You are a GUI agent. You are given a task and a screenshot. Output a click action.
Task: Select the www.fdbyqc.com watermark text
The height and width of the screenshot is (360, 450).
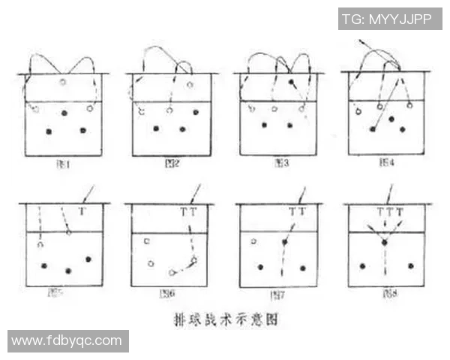(x=67, y=340)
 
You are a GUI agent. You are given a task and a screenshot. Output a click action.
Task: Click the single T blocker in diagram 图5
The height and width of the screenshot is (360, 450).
(x=82, y=212)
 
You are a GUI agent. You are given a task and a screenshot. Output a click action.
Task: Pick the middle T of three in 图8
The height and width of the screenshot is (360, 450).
(x=390, y=212)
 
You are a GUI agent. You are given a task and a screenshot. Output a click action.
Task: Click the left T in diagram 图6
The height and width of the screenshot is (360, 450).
(x=184, y=212)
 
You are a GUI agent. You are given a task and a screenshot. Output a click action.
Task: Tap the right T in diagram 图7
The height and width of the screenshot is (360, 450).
(x=302, y=212)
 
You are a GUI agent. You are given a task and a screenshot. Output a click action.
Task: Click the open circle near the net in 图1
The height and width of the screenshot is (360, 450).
(x=63, y=82)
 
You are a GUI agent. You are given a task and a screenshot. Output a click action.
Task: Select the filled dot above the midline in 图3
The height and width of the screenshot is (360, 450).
(x=291, y=81)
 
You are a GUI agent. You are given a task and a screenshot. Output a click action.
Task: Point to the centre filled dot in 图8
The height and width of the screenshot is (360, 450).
(x=384, y=243)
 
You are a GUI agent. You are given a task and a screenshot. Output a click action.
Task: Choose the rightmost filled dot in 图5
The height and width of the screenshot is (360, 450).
(x=89, y=259)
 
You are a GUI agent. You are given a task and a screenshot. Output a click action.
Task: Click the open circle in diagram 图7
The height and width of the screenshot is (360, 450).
(x=254, y=241)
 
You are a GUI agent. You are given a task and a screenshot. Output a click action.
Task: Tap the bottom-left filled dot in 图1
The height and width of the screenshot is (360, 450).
(x=49, y=131)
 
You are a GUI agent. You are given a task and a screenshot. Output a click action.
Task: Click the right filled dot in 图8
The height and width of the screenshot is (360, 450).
(x=410, y=265)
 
